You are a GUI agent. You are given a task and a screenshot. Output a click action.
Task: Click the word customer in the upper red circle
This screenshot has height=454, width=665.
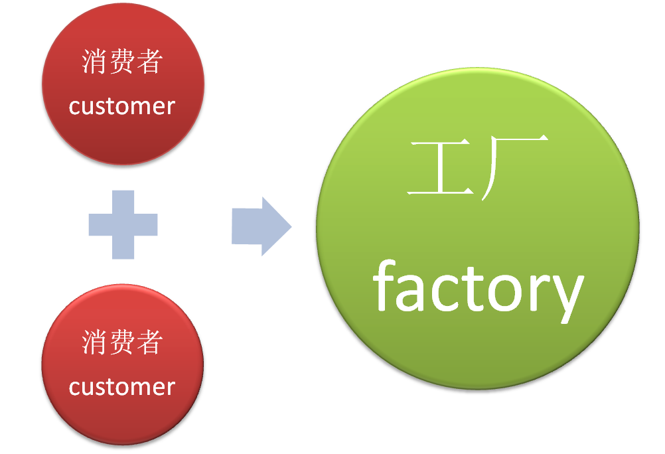(x=122, y=106)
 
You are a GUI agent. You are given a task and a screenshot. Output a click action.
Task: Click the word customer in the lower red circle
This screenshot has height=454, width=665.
(x=122, y=387)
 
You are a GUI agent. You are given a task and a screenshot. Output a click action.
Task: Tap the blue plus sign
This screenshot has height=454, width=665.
(x=123, y=224)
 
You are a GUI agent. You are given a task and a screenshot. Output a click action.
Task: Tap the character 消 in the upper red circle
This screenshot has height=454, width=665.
(x=95, y=63)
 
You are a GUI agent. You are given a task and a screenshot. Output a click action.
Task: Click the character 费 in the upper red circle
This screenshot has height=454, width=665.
(x=122, y=63)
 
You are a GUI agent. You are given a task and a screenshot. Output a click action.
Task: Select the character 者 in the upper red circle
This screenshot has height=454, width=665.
(x=150, y=63)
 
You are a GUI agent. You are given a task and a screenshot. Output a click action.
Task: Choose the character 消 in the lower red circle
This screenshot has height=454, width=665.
(x=95, y=343)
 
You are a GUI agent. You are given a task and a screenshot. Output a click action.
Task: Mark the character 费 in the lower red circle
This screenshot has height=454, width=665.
(x=122, y=343)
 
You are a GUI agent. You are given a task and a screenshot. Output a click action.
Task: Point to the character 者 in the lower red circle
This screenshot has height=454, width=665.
(x=150, y=343)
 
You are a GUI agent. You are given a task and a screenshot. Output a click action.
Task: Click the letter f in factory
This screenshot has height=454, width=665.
(x=386, y=287)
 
